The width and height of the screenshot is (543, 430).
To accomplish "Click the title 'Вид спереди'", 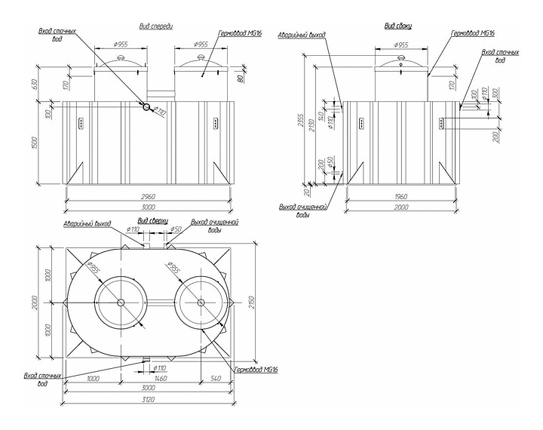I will click(x=157, y=26).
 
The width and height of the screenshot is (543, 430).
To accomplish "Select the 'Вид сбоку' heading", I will click(x=397, y=26).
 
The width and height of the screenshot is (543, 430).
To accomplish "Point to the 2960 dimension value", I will click(x=149, y=197).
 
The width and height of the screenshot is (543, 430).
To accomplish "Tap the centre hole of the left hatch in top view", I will click(x=121, y=302).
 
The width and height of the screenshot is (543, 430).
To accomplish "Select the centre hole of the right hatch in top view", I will click(x=201, y=302).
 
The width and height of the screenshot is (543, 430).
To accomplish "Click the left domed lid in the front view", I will click(x=121, y=60).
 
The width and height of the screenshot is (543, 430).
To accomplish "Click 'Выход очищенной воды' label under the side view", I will click(x=302, y=210).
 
